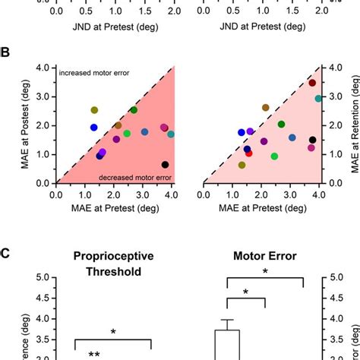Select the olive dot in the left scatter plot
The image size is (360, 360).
94,110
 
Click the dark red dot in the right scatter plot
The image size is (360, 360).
312,83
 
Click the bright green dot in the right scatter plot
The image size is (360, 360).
274,156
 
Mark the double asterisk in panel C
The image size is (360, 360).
94,354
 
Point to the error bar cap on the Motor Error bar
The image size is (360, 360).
226,320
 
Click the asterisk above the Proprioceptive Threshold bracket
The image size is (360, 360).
113,332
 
